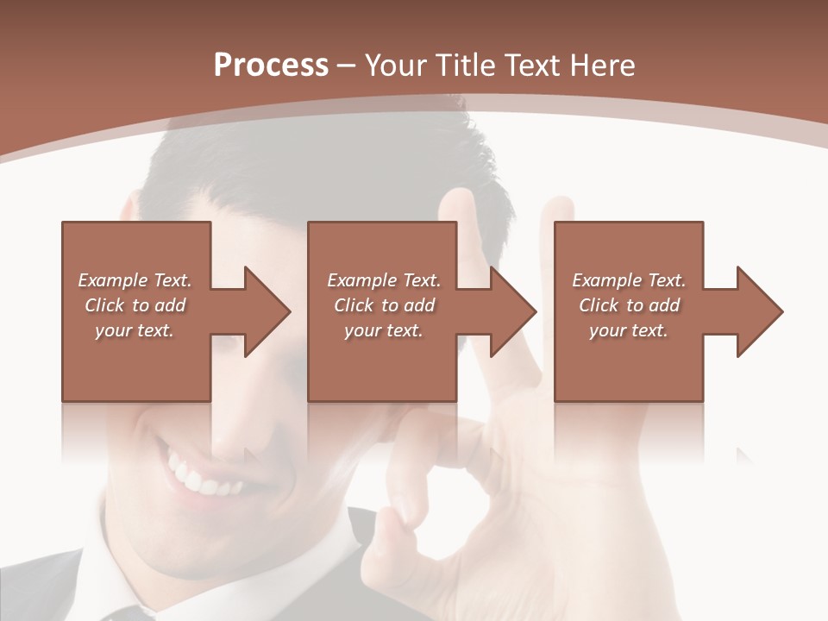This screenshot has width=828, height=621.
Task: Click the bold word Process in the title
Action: tap(271, 66)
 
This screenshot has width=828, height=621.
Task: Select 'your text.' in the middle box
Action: tap(383, 330)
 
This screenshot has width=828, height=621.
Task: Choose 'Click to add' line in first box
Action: tap(135, 305)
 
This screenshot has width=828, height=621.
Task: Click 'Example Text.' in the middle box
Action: tap(383, 280)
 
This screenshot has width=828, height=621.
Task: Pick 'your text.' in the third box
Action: tap(628, 330)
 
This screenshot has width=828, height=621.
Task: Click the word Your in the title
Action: tap(398, 66)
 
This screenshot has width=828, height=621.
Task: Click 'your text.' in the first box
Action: tap(135, 330)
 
